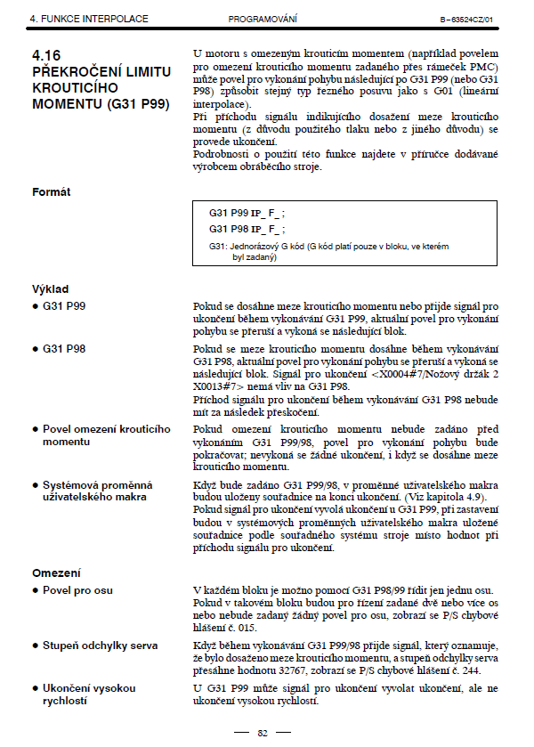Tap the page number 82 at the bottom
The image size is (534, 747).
click(263, 733)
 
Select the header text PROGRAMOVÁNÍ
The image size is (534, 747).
click(262, 19)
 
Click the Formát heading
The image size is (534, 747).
click(52, 191)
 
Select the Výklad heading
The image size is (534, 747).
click(50, 289)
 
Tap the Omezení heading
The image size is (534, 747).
click(55, 572)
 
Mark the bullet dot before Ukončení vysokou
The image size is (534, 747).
click(35, 687)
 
